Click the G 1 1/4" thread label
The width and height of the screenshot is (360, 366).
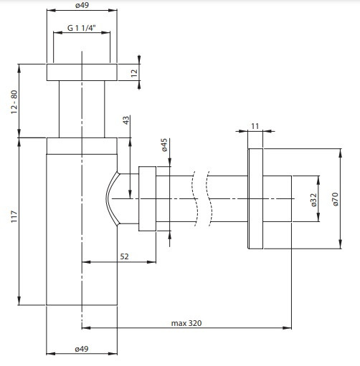coord(82,28)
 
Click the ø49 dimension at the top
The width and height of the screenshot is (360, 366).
coord(82,5)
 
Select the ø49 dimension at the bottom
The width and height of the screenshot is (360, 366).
coord(82,349)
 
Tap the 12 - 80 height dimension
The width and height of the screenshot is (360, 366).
coord(14,102)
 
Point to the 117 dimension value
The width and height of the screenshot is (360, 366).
coord(14,217)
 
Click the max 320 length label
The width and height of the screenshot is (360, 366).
coord(186,323)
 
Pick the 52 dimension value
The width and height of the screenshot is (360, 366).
coord(124,256)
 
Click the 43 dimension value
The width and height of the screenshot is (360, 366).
coord(126,120)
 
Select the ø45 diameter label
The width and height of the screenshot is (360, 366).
coord(164,145)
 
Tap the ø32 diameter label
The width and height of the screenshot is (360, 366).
coord(313,200)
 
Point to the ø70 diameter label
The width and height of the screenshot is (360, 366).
coord(335,199)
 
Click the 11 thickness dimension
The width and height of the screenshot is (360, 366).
coord(255,126)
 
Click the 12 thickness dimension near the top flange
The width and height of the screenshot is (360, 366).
coord(134,73)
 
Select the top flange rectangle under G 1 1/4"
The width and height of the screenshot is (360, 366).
coord(82,72)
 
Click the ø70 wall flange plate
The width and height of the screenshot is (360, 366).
coord(255,198)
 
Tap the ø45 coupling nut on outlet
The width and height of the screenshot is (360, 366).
coord(147,198)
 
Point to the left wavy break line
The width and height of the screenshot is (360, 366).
coord(195,198)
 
